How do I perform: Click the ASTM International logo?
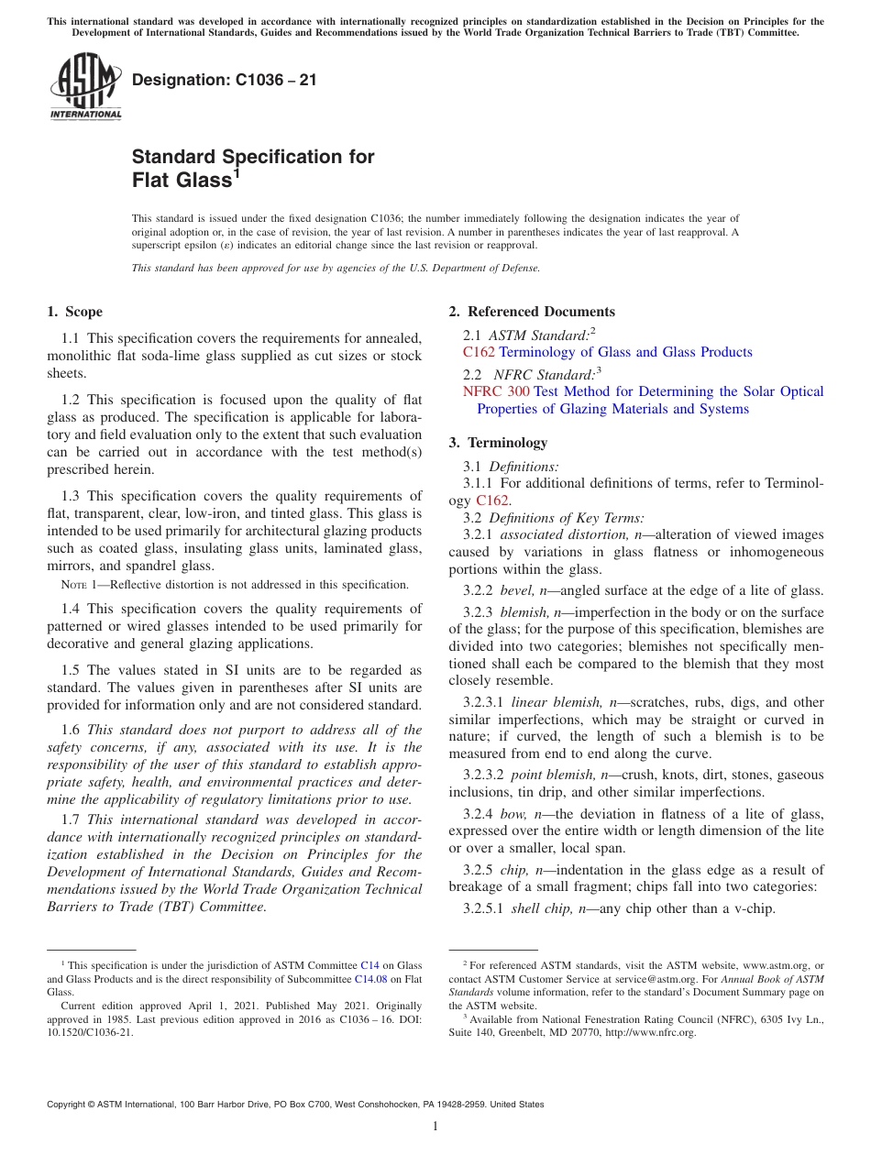(85, 87)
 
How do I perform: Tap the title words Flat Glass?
(182, 181)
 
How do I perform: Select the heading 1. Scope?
(74, 312)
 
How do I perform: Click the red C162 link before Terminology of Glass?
(479, 352)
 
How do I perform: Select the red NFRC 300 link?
(496, 391)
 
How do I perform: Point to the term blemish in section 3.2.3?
(526, 612)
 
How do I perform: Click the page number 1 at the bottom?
(435, 1127)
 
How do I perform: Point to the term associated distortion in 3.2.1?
(560, 534)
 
